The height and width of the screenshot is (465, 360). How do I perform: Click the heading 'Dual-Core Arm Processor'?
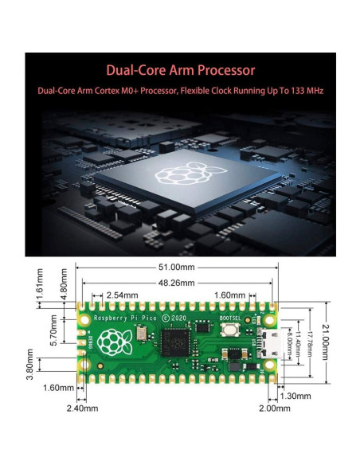pyautogui.click(x=180, y=69)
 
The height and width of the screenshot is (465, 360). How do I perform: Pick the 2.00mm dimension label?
pyautogui.click(x=274, y=408)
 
